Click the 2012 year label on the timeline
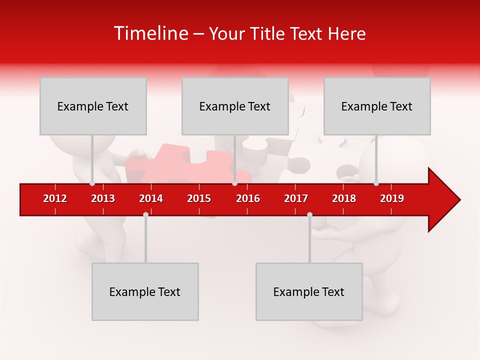(55, 198)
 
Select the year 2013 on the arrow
(103, 198)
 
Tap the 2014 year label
(151, 198)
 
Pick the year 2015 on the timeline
(199, 198)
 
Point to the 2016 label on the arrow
(248, 198)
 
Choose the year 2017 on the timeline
(296, 198)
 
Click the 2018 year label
(344, 198)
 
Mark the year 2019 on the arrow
(392, 198)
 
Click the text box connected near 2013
(93, 106)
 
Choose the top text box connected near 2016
(235, 106)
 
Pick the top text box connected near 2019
(377, 106)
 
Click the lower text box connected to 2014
(145, 291)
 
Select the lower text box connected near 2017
(309, 291)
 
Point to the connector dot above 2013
(92, 183)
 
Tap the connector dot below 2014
(145, 214)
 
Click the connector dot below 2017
(309, 214)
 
